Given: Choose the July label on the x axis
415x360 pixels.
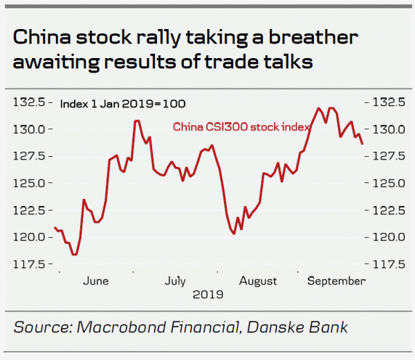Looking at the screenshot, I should tap(176, 281).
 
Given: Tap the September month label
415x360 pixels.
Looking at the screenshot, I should tap(336, 281).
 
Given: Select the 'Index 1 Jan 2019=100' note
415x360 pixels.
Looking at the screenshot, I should tap(122, 104).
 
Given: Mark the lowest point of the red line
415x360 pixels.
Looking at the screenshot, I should tap(74, 255).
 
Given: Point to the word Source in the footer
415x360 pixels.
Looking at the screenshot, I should tap(41, 327).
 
